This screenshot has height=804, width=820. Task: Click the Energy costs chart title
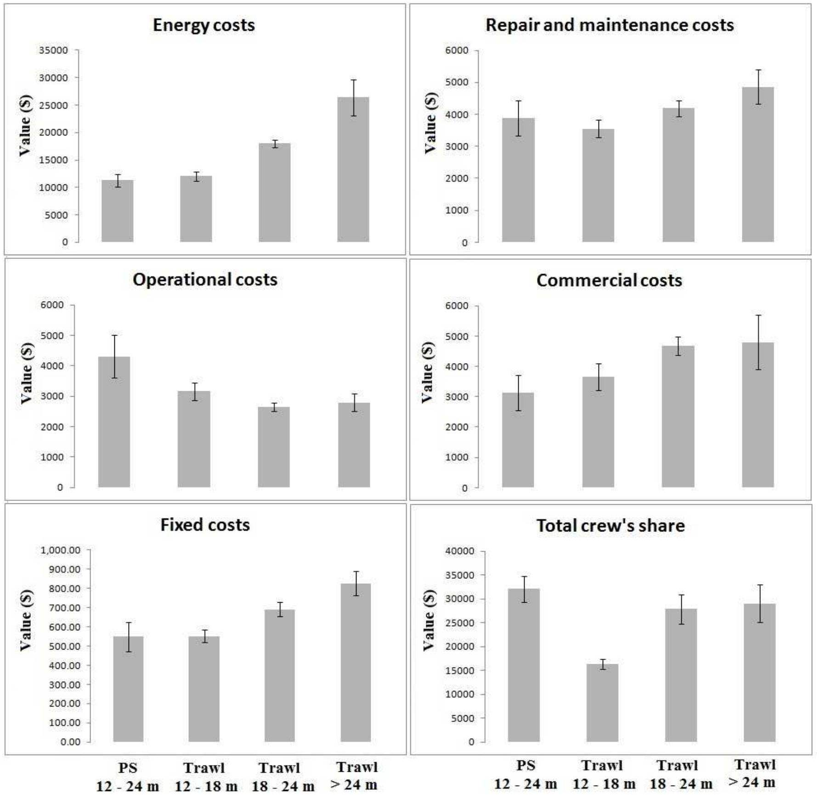coord(204,25)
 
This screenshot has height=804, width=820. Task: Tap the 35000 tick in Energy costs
coord(53,50)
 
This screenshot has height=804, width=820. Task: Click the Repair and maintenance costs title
coord(610,25)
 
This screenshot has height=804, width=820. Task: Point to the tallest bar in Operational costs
coord(114,422)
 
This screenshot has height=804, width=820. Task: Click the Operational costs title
coord(205,279)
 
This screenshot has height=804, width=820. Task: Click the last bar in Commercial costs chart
coord(758,415)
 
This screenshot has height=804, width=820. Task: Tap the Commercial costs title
coord(609,280)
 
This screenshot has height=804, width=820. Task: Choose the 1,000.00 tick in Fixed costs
coord(61,550)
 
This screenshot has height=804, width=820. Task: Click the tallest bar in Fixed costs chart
coord(356,662)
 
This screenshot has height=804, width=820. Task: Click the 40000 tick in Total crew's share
coord(460,551)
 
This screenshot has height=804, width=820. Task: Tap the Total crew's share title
coord(611,525)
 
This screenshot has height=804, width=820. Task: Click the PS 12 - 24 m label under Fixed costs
coord(127,777)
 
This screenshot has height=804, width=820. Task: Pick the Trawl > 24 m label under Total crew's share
coord(754,774)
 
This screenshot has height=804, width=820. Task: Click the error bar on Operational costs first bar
coord(114,357)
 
